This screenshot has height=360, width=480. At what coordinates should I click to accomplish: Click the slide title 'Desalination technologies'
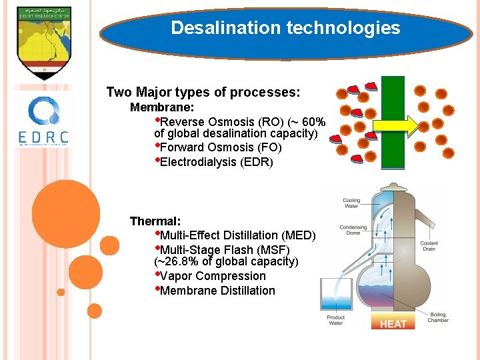tap(285, 28)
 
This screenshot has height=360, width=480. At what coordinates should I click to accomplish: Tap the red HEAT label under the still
tap(393, 323)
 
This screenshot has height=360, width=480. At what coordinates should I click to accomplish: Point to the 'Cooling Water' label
tap(351, 203)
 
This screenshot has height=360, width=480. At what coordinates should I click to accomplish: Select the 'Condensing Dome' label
tap(353, 230)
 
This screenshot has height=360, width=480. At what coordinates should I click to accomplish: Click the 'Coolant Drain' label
tap(429, 246)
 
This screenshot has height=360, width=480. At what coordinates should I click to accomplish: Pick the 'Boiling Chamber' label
tap(438, 317)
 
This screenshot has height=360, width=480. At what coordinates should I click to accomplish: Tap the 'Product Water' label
tap(336, 321)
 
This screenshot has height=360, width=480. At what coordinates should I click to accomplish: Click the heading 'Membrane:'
tap(162, 107)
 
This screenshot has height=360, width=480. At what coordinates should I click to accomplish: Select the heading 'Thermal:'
tap(155, 221)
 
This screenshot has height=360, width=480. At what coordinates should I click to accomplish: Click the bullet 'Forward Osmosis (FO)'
tap(221, 147)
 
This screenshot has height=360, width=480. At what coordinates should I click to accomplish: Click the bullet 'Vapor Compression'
tap(213, 276)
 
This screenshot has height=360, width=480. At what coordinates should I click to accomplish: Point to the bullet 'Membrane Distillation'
tap(217, 291)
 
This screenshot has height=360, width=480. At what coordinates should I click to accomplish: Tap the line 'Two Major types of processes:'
tap(203, 92)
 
